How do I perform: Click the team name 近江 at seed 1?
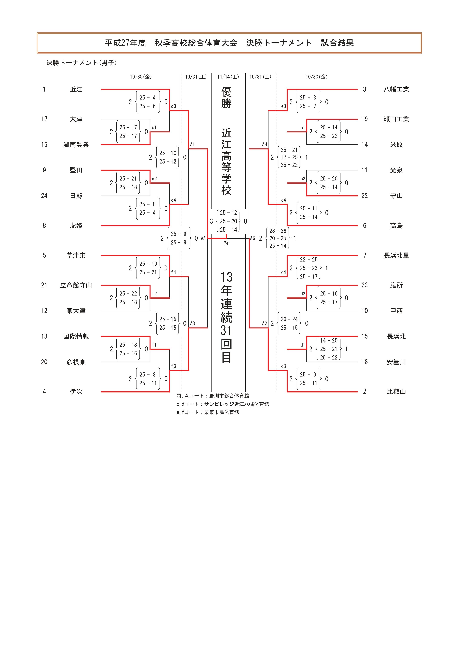(76, 89)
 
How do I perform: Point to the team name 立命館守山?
(76, 285)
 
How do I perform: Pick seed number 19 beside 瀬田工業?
(365, 119)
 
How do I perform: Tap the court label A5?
(203, 238)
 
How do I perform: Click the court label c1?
(154, 128)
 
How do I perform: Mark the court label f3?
(173, 366)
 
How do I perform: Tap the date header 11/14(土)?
(228, 77)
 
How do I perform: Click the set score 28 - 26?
(278, 231)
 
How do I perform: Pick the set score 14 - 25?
(329, 341)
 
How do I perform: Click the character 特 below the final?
(226, 243)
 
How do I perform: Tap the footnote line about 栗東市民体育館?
(208, 413)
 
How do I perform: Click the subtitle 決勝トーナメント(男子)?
(81, 63)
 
